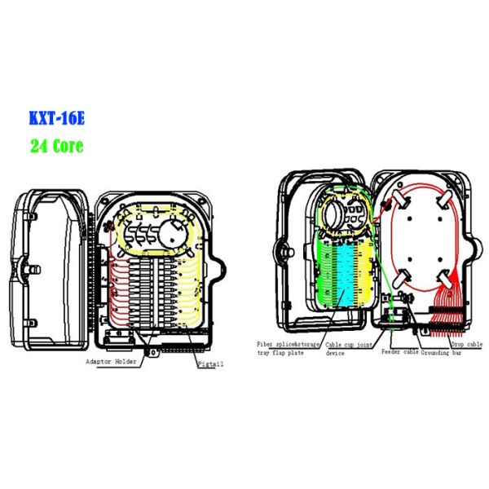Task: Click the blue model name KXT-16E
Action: [56, 118]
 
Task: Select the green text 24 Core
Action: [56, 147]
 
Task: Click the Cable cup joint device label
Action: [351, 349]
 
